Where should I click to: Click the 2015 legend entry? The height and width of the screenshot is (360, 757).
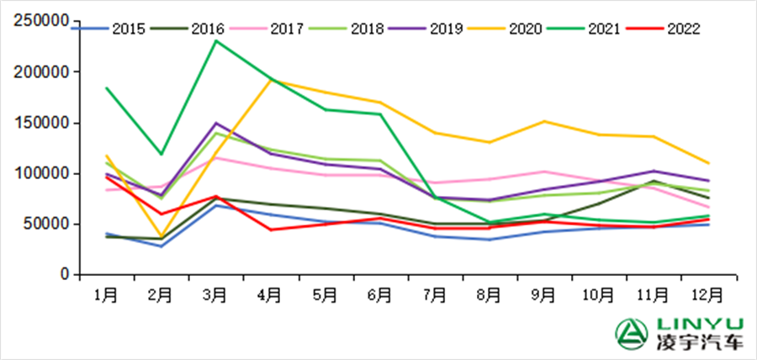point(126,29)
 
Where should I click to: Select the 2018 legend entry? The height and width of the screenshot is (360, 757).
point(365,29)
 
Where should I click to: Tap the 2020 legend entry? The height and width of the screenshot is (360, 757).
point(526,29)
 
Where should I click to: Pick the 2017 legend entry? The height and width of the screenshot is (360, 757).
point(286,29)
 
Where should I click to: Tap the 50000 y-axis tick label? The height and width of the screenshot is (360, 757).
point(45,225)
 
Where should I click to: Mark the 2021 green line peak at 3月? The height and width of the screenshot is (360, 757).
point(215,40)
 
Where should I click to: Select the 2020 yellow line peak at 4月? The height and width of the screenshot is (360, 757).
point(270,81)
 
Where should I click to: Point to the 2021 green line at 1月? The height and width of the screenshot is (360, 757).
point(106,87)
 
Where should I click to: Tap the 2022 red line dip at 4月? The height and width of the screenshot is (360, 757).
point(270,230)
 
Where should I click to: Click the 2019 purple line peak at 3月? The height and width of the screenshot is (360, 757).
point(215,123)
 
